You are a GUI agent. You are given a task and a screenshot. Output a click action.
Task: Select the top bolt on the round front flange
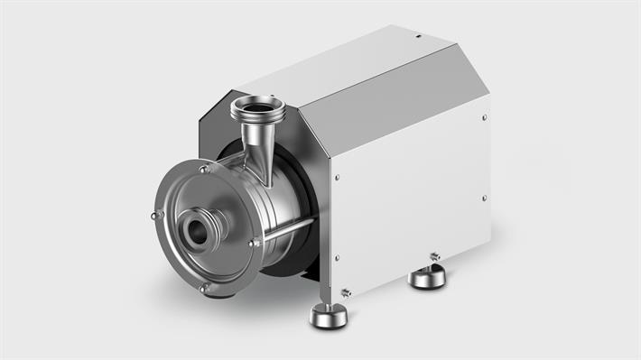pos(205,169)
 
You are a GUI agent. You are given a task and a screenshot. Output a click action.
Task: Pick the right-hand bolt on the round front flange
pos(255,242)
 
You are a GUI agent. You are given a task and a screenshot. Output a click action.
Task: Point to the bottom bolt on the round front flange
pos(203,288)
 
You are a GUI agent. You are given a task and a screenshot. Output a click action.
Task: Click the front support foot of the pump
pos(328,315)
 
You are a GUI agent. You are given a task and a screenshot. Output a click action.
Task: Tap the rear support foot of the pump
pos(427,275)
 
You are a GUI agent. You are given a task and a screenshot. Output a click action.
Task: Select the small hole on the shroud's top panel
pos(418,36)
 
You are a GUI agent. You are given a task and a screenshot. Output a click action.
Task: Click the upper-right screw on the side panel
pos(486,116)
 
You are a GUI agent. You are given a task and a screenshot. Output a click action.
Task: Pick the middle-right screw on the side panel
pos(485,198)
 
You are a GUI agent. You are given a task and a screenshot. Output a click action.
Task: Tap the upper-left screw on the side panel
pos(337,178)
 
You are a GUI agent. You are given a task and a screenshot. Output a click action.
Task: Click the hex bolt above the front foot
pos(347,291)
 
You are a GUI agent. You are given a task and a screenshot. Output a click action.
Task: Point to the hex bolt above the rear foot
pos(434,257)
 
